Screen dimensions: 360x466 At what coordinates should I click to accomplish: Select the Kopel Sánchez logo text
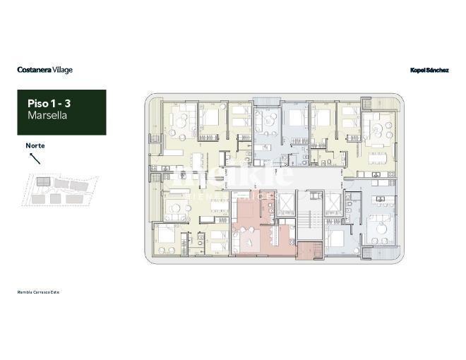(x=429, y=70)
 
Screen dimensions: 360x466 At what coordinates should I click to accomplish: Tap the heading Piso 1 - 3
(x=49, y=104)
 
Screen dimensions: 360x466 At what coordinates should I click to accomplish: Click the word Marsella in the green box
(x=47, y=115)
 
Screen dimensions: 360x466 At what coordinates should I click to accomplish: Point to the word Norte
(x=35, y=145)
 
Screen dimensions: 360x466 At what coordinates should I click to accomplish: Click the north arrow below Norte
(x=35, y=157)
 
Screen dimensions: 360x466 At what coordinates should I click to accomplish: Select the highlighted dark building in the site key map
(x=44, y=182)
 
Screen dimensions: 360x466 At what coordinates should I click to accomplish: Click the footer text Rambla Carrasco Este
(x=39, y=292)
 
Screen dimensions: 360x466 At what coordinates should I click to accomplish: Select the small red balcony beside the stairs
(x=309, y=250)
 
